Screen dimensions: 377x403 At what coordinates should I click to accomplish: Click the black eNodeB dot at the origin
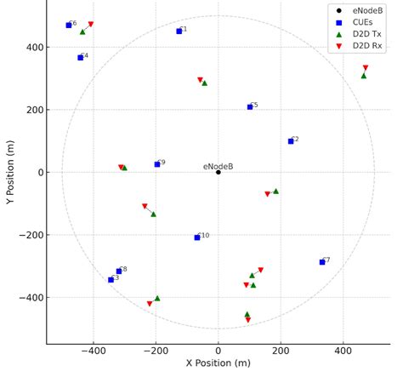pos(219,172)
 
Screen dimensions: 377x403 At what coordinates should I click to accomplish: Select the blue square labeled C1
pos(179,31)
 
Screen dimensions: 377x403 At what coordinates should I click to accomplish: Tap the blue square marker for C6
pos(69,26)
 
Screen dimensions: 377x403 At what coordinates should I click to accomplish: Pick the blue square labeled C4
pos(81,58)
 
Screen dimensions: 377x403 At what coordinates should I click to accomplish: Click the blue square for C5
pos(250,107)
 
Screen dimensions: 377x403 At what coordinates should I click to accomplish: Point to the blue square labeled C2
pos(291,141)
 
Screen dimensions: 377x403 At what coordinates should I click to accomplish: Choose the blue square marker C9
pos(157,164)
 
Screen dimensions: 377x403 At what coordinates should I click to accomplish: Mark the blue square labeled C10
pos(197,237)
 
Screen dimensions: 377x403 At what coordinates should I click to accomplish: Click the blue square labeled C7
pos(322,262)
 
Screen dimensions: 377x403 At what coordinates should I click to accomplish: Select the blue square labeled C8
pos(119,271)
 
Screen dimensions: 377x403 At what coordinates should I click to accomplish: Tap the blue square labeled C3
pos(111,279)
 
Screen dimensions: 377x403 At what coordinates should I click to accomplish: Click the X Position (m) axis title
pos(219,363)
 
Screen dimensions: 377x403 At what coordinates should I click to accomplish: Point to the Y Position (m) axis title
pos(10,172)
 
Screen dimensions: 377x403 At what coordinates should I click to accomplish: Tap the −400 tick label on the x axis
pos(94,350)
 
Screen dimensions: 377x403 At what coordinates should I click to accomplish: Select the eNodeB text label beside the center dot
pos(218,167)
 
